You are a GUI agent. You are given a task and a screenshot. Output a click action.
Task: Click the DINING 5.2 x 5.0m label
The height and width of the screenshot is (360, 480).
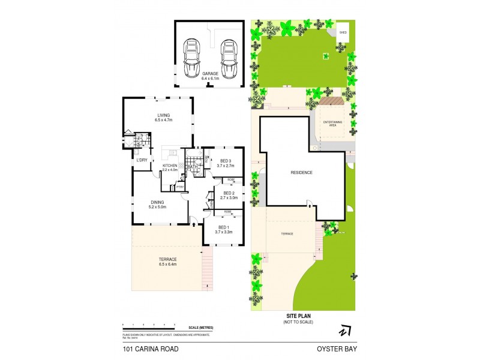157,205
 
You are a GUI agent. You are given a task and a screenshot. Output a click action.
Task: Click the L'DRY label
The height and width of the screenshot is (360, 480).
142,160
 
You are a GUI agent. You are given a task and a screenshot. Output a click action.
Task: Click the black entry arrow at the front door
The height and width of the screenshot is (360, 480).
194,223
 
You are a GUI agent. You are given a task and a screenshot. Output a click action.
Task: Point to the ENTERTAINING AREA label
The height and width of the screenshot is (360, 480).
332,123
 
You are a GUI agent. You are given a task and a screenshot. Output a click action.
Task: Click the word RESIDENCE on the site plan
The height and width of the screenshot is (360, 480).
301,173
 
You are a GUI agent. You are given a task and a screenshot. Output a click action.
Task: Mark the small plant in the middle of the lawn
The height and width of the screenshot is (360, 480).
326,57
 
